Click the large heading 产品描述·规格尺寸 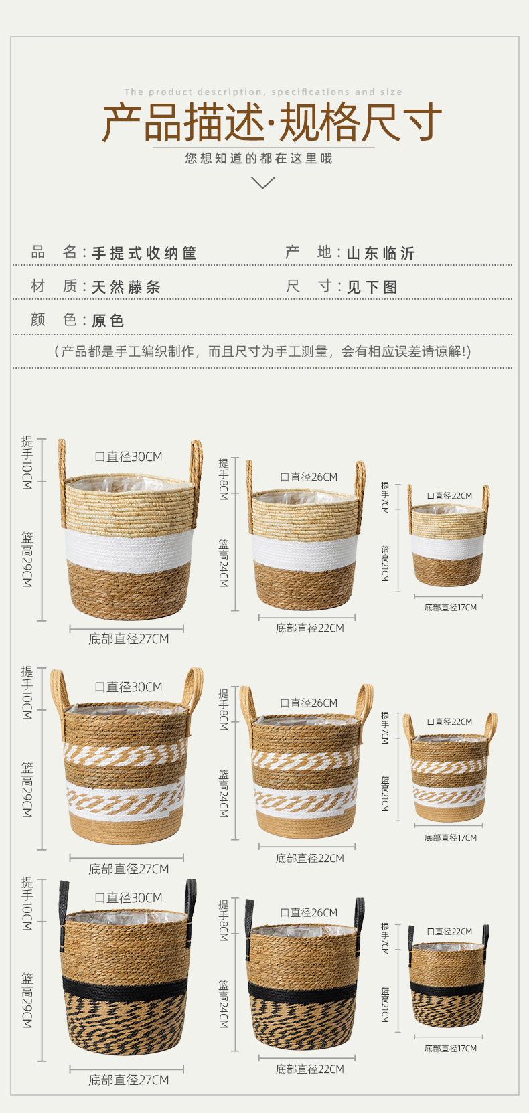(272, 122)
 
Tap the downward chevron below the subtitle (264, 183)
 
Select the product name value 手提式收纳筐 (144, 253)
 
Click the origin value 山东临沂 (380, 253)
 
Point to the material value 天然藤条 (127, 286)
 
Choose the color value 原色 (108, 321)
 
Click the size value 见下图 (372, 286)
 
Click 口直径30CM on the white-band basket (129, 456)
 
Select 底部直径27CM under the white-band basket (129, 639)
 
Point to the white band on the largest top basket (129, 551)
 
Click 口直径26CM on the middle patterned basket (309, 703)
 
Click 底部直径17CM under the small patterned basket (451, 838)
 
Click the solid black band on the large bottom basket (125, 990)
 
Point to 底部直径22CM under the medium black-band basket (310, 1069)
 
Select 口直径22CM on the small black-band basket (449, 931)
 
